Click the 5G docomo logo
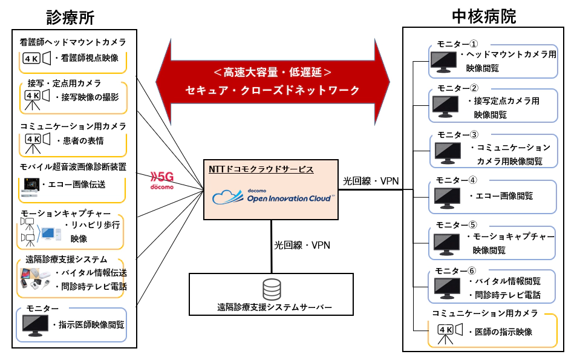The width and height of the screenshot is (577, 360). tap(161, 180)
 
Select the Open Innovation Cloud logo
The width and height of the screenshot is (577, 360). tap(273, 195)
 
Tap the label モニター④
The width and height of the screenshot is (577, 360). tap(457, 180)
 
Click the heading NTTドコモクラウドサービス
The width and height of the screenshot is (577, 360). tap(262, 169)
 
